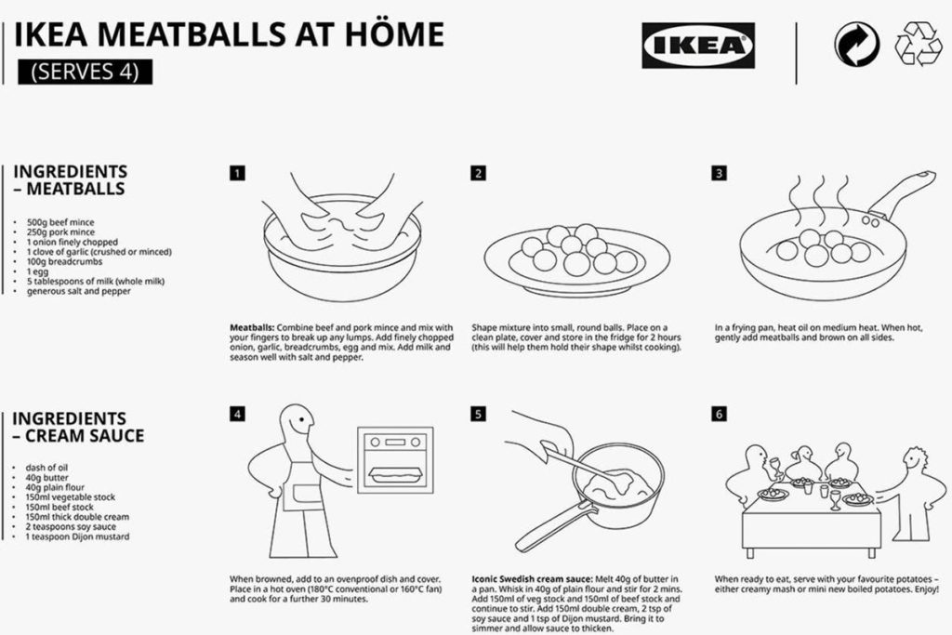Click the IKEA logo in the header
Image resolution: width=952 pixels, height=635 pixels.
[698, 46]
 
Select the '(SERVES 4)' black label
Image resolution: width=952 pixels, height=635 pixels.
[84, 71]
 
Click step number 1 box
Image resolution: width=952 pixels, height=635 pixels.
[238, 173]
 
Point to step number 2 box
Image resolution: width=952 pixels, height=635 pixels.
[478, 173]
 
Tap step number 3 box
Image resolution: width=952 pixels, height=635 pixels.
[720, 173]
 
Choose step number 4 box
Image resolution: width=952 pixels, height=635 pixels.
[238, 414]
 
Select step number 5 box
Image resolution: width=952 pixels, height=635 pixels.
[478, 414]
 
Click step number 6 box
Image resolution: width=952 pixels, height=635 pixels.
[720, 414]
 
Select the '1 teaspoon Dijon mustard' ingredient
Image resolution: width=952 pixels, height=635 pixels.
[78, 536]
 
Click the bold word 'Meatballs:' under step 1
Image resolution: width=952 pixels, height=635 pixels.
[252, 328]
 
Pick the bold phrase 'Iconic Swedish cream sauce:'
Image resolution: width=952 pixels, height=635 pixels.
[530, 579]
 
